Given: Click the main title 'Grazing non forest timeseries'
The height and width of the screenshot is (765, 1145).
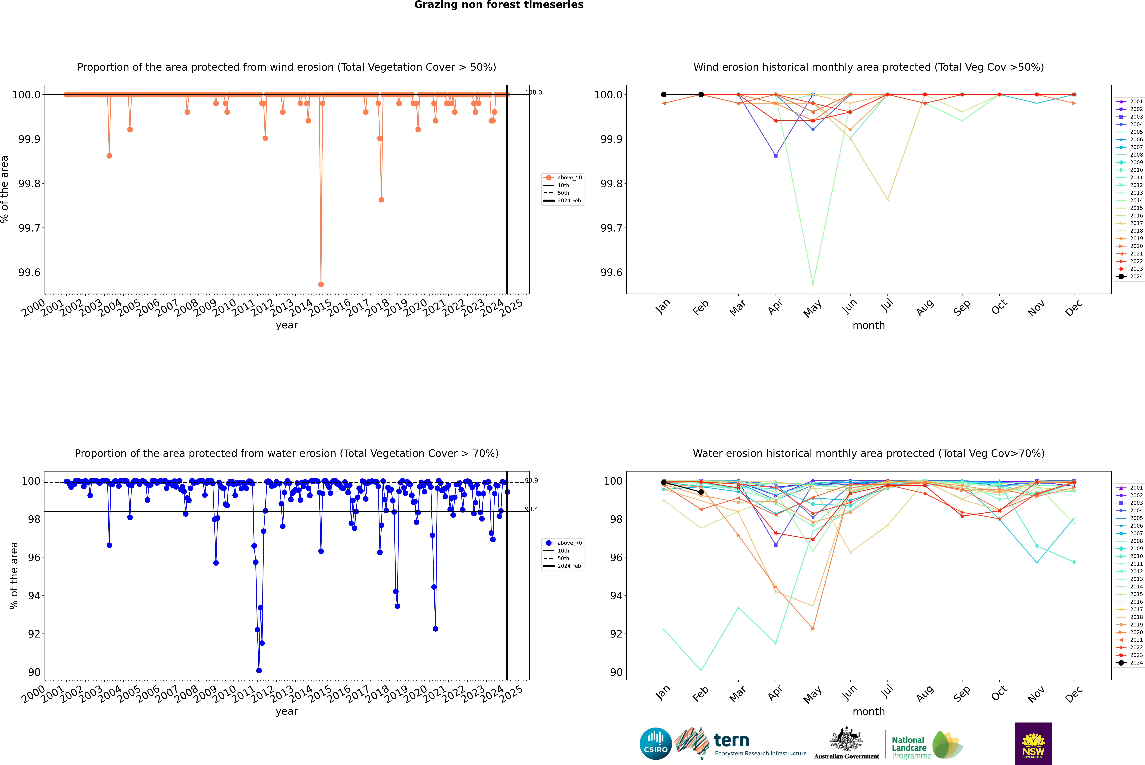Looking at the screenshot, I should (499, 5).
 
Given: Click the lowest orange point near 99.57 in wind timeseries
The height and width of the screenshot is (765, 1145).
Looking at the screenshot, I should (321, 284).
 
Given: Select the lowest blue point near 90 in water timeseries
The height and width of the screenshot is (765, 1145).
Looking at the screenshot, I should (259, 670).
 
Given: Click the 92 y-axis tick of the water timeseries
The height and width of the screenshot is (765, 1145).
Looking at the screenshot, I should (34, 634).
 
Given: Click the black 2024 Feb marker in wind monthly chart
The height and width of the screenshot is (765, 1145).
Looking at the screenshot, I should (701, 95).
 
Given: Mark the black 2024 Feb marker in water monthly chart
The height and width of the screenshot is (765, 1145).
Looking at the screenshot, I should (701, 492).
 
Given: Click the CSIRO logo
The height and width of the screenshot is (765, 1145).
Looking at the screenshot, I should (656, 744).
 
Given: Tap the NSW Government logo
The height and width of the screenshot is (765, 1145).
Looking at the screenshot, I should (1033, 744).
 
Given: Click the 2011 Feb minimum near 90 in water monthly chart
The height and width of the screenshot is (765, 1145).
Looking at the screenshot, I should (701, 670).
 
